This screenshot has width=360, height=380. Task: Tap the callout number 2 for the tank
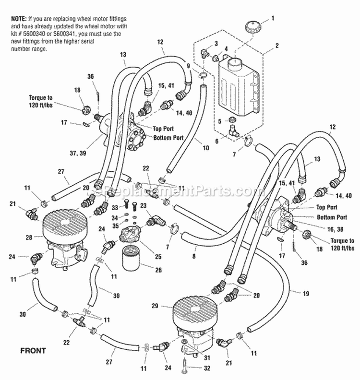coord(277,46)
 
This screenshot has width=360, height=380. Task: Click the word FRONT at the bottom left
coord(33,350)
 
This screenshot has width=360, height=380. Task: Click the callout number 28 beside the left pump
coord(29,237)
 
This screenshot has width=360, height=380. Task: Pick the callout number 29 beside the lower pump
coord(155,306)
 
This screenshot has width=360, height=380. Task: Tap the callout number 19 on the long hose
coord(306,294)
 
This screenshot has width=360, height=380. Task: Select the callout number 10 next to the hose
coord(205,148)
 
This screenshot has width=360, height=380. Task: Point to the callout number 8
coord(194,256)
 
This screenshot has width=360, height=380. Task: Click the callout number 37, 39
coord(78,153)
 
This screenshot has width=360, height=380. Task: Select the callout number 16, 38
coord(336,229)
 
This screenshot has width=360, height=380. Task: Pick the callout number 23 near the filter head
coord(143,206)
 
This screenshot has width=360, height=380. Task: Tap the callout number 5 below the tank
coord(220,121)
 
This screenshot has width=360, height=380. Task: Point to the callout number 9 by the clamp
coord(188,66)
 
